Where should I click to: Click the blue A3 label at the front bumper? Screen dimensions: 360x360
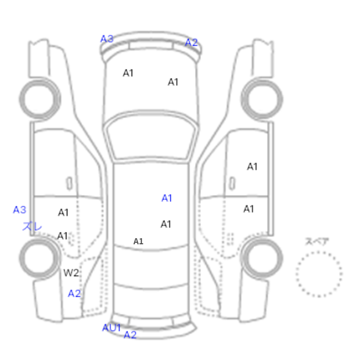(107, 39)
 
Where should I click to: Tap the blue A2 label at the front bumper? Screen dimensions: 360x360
(191, 43)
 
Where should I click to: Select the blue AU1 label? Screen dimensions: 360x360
(112, 328)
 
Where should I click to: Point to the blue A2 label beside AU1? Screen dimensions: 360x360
(130, 335)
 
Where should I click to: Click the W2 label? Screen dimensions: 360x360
(71, 273)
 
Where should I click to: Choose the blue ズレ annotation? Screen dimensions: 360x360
(32, 226)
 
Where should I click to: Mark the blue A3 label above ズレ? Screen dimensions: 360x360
(20, 210)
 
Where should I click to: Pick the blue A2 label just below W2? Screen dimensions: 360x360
(75, 294)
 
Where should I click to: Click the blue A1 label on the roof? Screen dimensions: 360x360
(167, 198)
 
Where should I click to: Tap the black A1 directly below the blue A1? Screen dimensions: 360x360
(166, 224)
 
